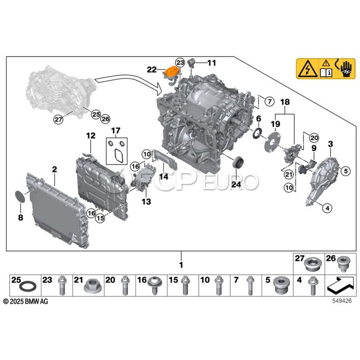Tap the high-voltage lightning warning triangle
pyautogui.click(x=307, y=69)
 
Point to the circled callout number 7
pyautogui.click(x=269, y=101)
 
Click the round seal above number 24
pyautogui.click(x=238, y=162)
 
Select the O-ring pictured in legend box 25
pyautogui.click(x=28, y=286)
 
